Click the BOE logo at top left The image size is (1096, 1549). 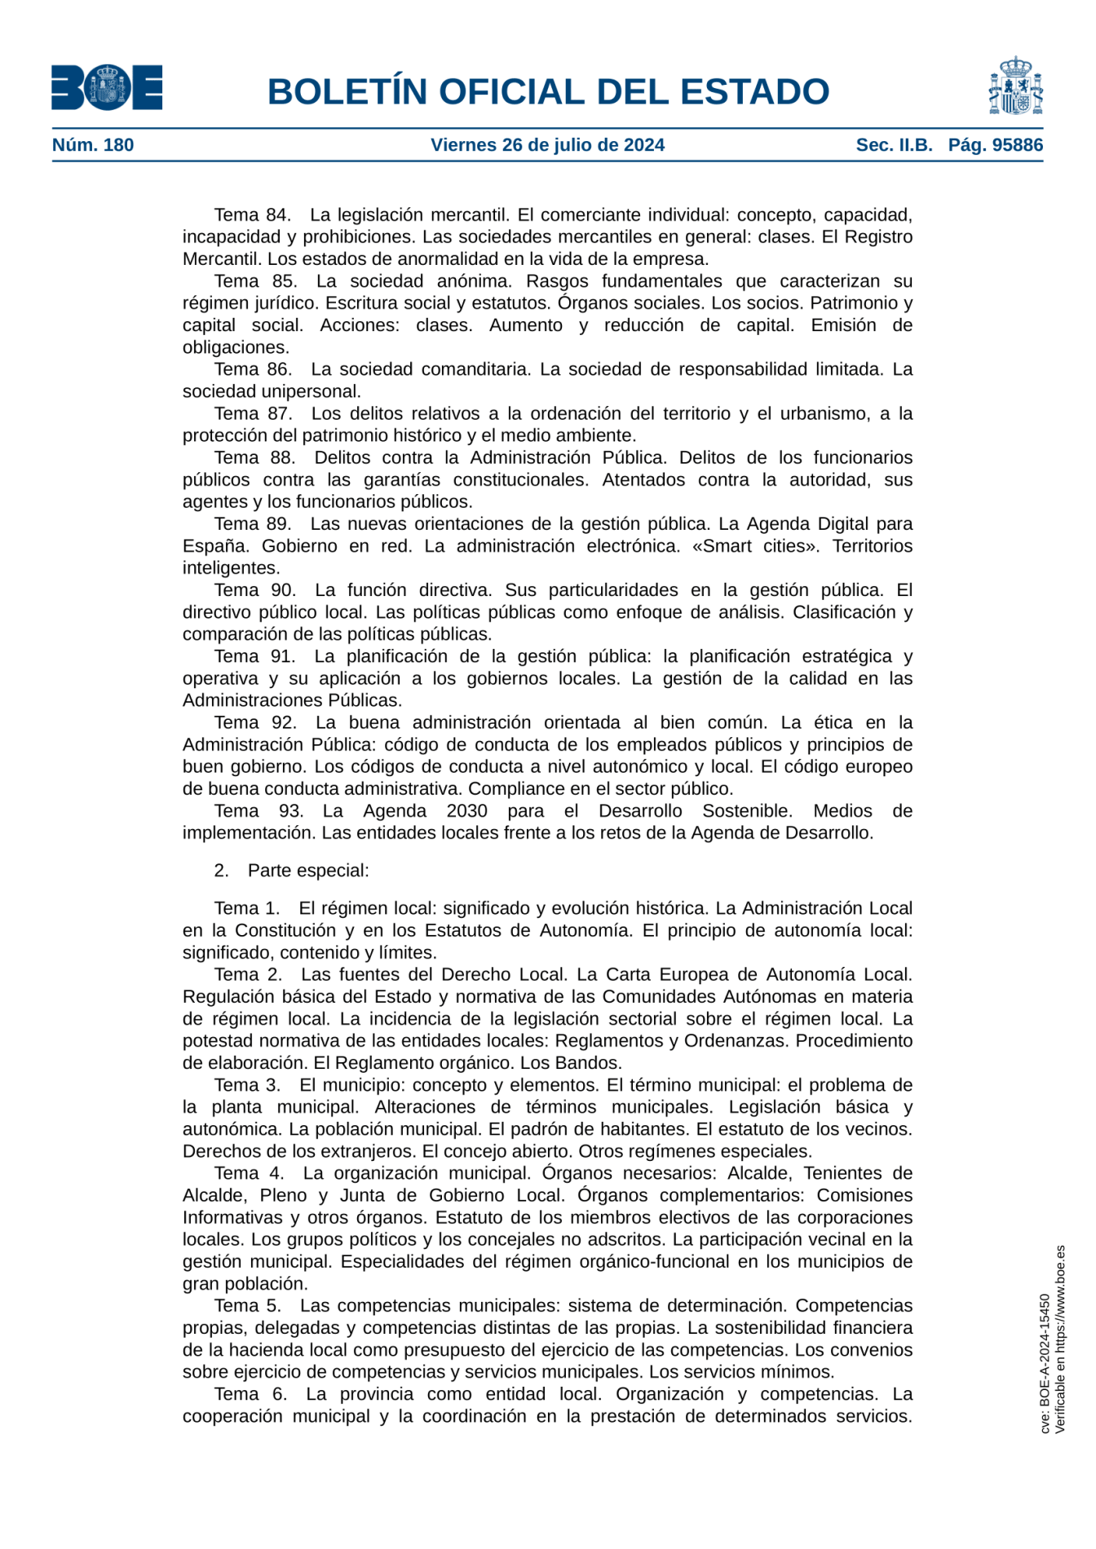pos(107,87)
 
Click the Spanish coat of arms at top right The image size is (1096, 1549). pos(1015,86)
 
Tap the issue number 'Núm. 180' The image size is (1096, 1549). pos(93,145)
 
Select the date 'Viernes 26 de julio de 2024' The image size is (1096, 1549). pos(547,145)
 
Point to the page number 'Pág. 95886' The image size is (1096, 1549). pos(995,145)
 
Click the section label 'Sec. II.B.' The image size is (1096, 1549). pos(894,145)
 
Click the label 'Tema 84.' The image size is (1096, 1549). pos(252,215)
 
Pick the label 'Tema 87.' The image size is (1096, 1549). pos(253,413)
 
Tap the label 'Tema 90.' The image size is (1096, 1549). pos(254,590)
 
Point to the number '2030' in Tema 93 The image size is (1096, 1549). pos(466,811)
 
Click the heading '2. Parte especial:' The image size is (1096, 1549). pos(291,871)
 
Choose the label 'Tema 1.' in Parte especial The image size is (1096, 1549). pos(247,908)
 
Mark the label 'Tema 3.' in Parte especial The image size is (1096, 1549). pos(247,1085)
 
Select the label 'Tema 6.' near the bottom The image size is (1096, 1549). pos(250,1394)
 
